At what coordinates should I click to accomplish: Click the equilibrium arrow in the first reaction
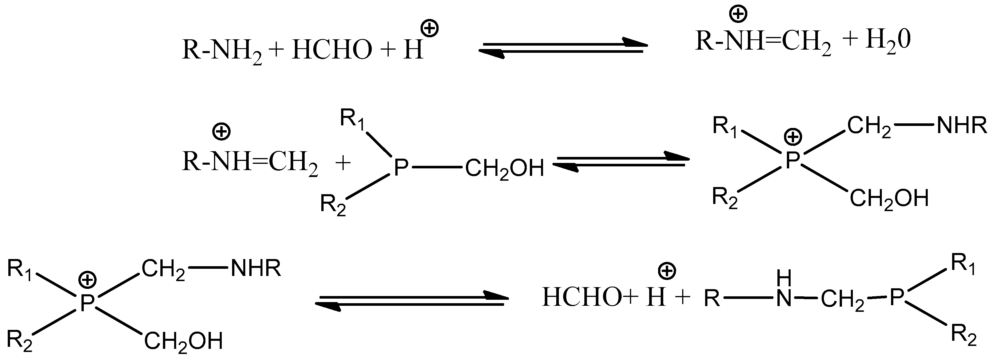pyautogui.click(x=562, y=49)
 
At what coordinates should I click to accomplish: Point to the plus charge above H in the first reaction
pyautogui.click(x=430, y=29)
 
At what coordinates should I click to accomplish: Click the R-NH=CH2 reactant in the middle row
pyautogui.click(x=250, y=162)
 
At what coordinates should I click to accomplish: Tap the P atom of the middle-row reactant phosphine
pyautogui.click(x=400, y=168)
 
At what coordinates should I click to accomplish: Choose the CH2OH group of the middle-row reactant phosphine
pyautogui.click(x=505, y=169)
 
